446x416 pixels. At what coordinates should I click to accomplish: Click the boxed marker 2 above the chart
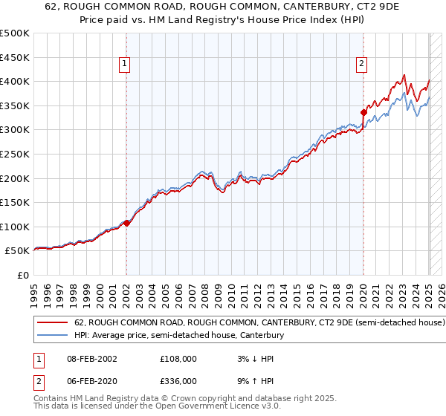coord(361,65)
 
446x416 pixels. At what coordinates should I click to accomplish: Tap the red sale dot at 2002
coord(126,222)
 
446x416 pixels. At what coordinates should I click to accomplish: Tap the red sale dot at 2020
coord(363,112)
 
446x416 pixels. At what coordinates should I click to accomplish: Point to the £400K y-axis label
coord(15,81)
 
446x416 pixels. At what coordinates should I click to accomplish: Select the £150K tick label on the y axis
coord(15,202)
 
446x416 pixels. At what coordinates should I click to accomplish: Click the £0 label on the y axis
coord(24,275)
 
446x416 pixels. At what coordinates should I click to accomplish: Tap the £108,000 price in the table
coord(178,358)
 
